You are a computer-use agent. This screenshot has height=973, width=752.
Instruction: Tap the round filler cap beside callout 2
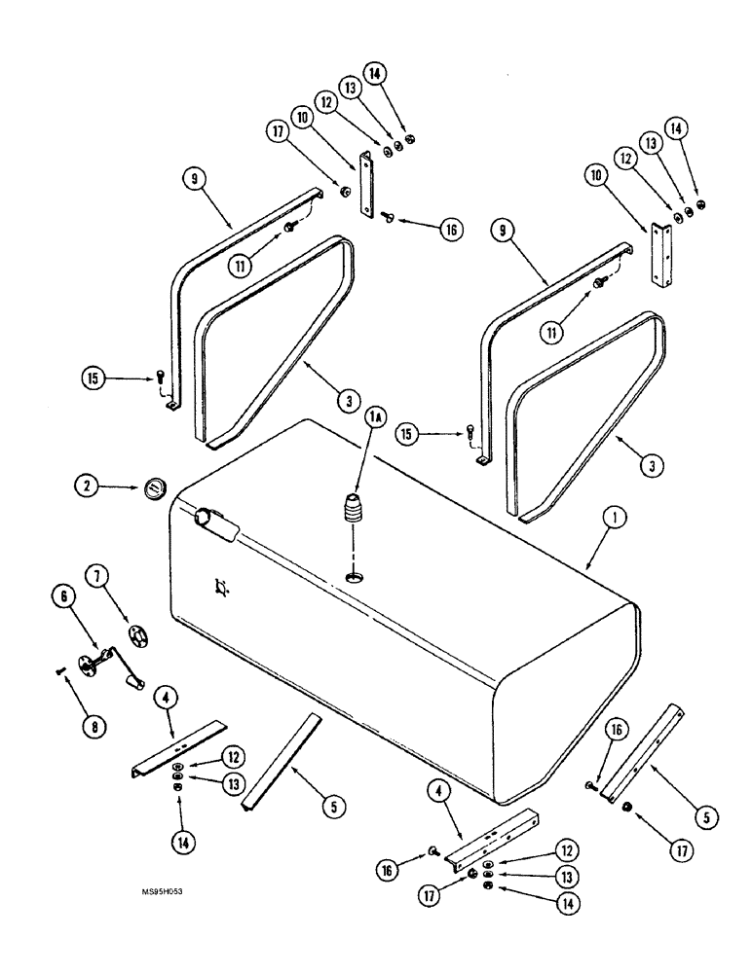(x=153, y=488)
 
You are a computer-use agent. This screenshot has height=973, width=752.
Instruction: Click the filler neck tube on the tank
(x=213, y=523)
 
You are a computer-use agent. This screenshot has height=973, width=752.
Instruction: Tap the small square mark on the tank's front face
(x=222, y=586)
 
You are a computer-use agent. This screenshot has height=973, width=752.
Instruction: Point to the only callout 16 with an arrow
(x=447, y=230)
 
